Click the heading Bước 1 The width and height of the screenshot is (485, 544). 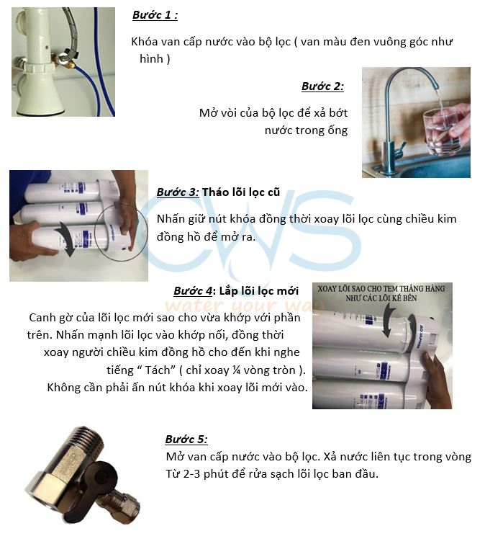click(x=155, y=15)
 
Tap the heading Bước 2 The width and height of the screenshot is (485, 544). click(x=322, y=86)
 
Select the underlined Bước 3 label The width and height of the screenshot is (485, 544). click(x=178, y=192)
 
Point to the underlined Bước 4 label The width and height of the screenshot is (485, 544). click(x=193, y=291)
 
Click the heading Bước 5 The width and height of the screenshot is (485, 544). click(x=186, y=440)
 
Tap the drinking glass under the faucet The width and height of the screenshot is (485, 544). click(x=443, y=131)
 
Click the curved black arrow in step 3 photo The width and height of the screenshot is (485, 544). click(x=65, y=239)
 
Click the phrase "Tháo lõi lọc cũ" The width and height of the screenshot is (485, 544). click(x=241, y=192)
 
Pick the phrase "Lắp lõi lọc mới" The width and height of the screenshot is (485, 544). click(x=259, y=291)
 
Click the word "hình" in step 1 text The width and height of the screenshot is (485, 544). click(x=151, y=58)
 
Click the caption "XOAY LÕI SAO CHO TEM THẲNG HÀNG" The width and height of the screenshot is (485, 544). click(x=381, y=289)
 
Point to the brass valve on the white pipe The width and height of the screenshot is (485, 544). click(x=65, y=58)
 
